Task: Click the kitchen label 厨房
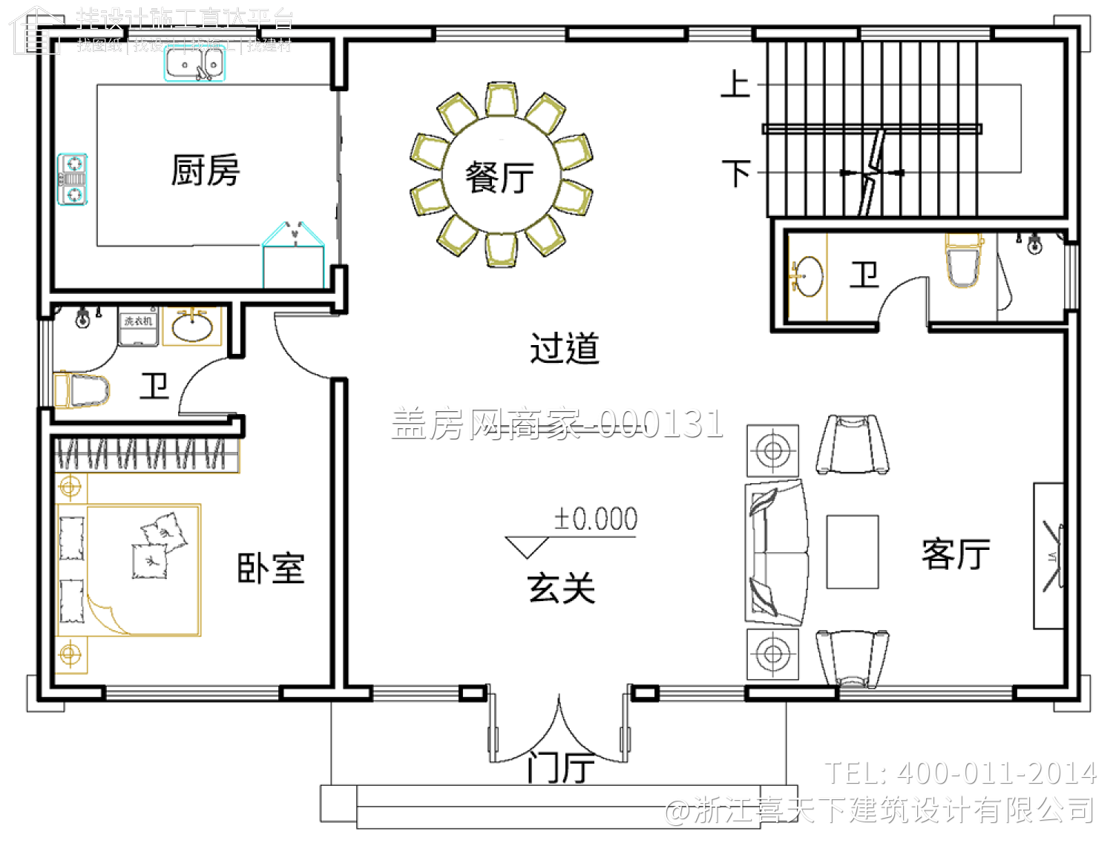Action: tap(206, 170)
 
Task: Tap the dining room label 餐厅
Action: tap(499, 178)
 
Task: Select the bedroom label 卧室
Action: tap(271, 568)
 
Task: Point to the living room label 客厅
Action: tap(956, 554)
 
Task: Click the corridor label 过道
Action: tap(564, 348)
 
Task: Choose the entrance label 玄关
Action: tap(562, 588)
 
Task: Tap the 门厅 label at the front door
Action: tap(561, 767)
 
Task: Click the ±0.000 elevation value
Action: tap(596, 519)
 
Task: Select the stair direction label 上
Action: tap(735, 84)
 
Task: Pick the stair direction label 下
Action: tap(736, 173)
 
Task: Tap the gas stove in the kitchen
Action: tap(73, 179)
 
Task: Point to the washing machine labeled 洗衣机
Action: tap(139, 328)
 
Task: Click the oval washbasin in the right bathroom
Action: tap(807, 276)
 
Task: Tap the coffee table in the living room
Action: tap(853, 552)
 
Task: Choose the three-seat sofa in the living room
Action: tap(776, 554)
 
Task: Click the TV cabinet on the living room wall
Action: tap(1049, 556)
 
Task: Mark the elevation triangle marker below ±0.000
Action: tap(527, 547)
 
